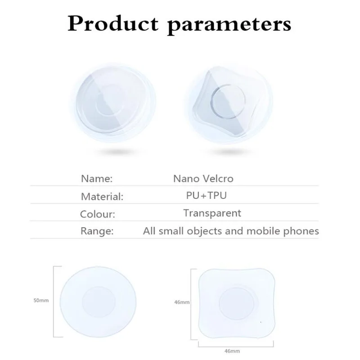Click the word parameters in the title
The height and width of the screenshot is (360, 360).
pos(229,25)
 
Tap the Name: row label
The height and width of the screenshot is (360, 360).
pos(97,179)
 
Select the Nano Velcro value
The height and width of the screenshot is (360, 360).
pos(203,179)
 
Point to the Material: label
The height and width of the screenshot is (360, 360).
pos(102,197)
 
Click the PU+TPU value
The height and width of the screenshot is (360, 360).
pos(207,195)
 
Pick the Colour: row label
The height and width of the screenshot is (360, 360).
pos(97,214)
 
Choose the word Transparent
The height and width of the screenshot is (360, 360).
pos(212,213)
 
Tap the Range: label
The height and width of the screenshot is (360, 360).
pos(97,231)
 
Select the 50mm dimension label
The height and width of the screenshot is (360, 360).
pos(41,300)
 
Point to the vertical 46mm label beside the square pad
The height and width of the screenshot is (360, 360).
pos(182,302)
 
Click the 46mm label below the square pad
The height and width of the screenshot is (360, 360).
pos(232,351)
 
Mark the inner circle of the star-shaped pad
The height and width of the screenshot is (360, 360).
pos(228,102)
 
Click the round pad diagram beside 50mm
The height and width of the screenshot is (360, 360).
pos(98,301)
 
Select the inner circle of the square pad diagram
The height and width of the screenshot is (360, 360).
pos(237,303)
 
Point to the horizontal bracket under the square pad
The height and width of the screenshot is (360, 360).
pos(236,346)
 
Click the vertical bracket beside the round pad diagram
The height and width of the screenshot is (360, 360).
pos(54,301)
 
